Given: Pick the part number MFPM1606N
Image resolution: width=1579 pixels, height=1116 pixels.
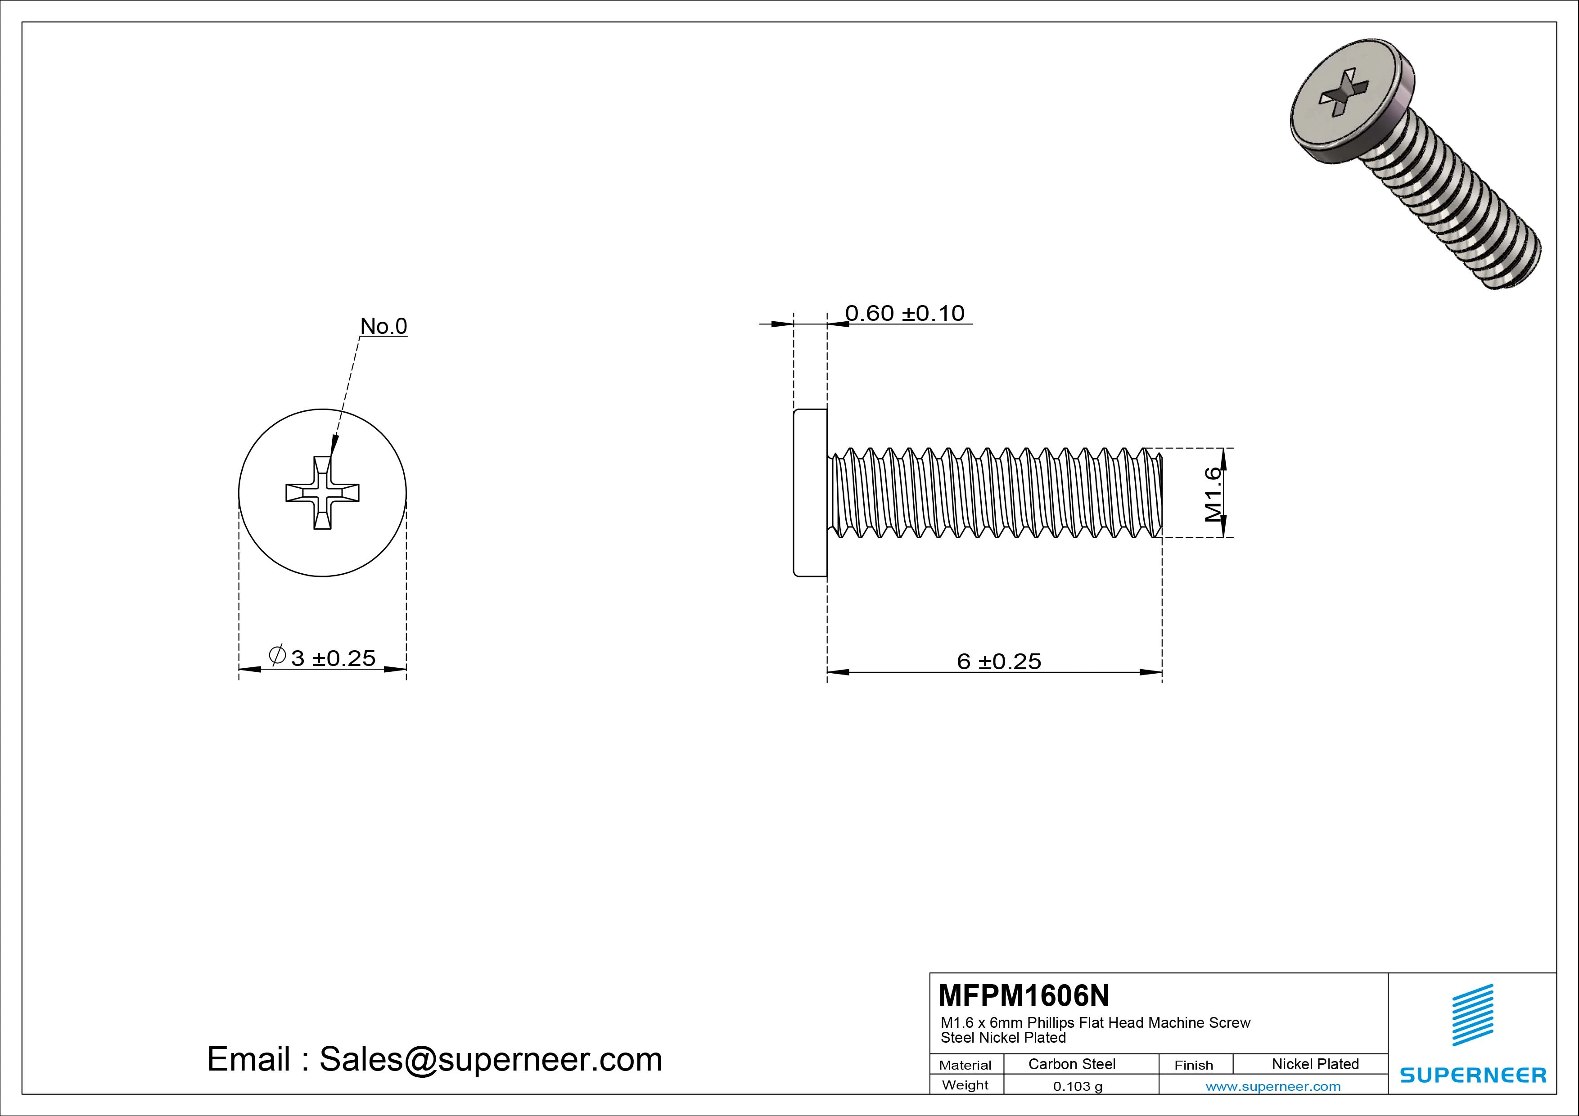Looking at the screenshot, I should tap(1023, 995).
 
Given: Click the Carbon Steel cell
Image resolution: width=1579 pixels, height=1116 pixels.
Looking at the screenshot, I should tap(1071, 1064).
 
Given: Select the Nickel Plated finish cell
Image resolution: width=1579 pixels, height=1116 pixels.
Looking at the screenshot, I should tap(1315, 1064).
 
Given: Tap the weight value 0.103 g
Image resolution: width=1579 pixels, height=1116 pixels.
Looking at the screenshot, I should tap(1078, 1086).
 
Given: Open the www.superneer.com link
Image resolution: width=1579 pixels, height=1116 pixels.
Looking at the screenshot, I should tap(1273, 1086).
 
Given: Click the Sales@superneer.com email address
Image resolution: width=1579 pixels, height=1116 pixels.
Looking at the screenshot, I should tap(490, 1059).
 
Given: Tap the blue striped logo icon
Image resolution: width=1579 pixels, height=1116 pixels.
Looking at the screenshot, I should tap(1472, 1015).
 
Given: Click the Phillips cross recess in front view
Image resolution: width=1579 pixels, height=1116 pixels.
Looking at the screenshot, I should tap(323, 492).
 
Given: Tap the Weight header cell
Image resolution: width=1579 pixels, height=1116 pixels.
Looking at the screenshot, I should tap(965, 1085).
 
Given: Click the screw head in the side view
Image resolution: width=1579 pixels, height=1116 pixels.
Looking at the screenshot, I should tap(810, 492).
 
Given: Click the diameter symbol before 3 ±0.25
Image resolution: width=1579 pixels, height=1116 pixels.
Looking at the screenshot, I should tap(277, 655).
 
